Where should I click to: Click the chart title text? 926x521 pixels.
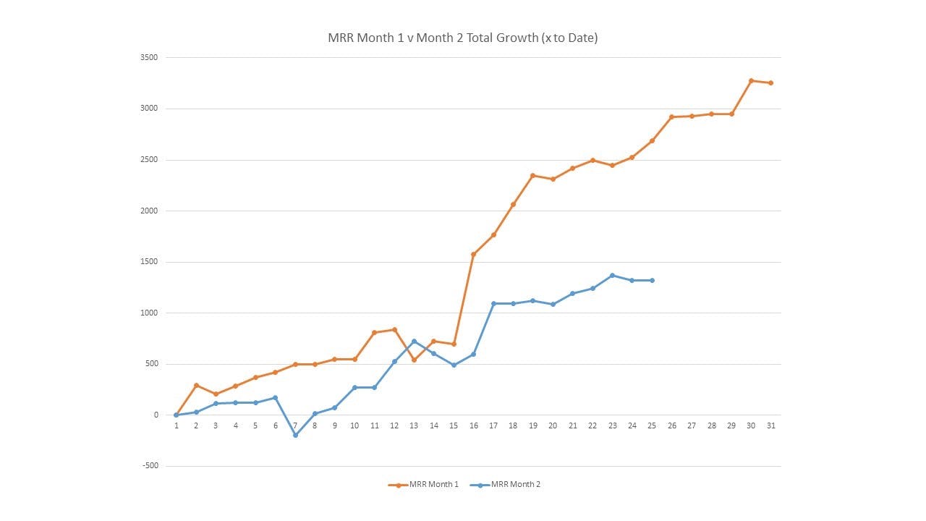click(x=463, y=38)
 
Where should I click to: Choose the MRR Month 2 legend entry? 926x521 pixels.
click(x=516, y=484)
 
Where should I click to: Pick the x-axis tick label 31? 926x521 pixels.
click(x=770, y=425)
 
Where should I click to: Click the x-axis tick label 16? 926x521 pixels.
click(x=473, y=425)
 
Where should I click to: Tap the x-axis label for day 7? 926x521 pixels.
click(x=295, y=425)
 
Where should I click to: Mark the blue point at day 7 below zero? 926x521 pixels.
click(x=295, y=435)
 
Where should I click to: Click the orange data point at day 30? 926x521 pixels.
click(x=751, y=80)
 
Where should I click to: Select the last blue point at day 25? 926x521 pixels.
click(x=652, y=280)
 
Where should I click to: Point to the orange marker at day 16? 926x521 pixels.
click(x=473, y=254)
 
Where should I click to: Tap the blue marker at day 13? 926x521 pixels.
click(x=414, y=341)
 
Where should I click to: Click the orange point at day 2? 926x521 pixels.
click(x=196, y=385)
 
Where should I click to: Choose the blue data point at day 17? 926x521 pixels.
click(x=493, y=303)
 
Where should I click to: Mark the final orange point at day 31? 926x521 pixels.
click(x=770, y=82)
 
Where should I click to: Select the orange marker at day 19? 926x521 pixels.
click(x=532, y=175)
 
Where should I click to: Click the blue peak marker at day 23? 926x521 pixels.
click(x=612, y=275)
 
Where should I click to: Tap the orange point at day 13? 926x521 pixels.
click(x=414, y=360)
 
